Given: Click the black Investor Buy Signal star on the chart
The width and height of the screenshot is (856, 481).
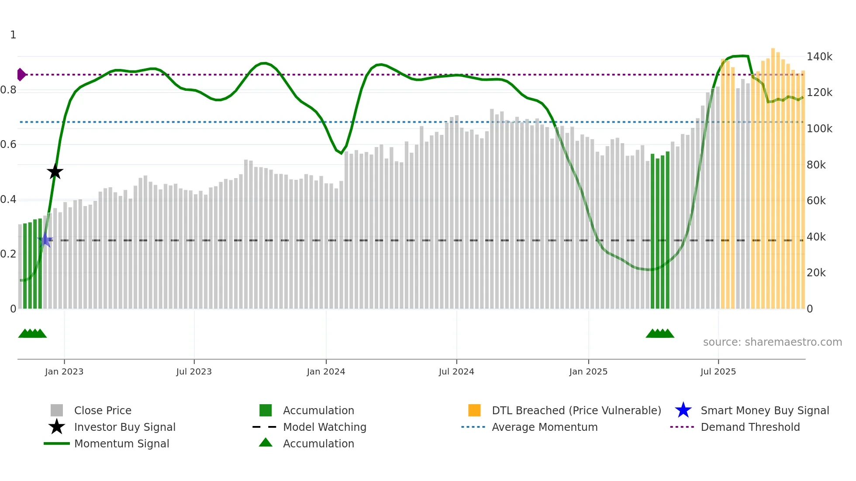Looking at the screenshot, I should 55,172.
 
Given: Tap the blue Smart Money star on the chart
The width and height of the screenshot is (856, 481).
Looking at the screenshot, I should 45,240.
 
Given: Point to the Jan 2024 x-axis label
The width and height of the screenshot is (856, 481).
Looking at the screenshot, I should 326,371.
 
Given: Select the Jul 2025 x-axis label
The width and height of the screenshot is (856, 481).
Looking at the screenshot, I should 718,371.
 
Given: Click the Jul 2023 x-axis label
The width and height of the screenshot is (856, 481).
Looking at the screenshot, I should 194,371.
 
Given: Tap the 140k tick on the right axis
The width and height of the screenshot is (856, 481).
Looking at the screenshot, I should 819,57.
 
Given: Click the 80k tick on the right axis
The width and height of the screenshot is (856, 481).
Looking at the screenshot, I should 816,165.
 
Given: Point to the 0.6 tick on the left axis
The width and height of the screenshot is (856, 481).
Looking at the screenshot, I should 8,144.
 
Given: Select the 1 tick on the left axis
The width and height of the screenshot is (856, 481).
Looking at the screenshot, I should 13,35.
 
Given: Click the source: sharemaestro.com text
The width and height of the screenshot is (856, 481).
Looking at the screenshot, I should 772,342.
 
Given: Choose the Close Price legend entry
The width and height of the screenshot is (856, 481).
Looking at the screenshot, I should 103,410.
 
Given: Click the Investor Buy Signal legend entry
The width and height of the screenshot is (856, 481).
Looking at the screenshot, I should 124,427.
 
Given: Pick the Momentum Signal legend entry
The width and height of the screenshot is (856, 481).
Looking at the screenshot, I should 121,443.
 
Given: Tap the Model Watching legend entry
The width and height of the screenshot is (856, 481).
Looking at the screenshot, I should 324,427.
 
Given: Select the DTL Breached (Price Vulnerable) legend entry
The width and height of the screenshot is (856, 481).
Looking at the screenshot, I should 576,410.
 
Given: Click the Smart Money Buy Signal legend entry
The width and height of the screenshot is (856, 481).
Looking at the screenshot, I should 764,410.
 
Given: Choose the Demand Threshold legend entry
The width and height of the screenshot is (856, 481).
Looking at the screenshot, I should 750,427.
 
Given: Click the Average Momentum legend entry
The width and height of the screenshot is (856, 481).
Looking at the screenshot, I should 544,427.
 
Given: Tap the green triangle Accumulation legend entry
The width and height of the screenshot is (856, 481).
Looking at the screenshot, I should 318,443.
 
